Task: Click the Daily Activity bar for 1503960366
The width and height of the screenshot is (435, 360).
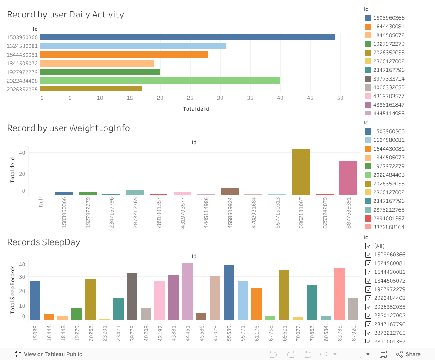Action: (187, 37)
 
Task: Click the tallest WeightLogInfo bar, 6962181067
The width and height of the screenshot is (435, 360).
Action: (301, 172)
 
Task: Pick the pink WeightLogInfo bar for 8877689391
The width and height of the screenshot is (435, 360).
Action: (348, 178)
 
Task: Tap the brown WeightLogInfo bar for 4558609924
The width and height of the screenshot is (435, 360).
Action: (230, 192)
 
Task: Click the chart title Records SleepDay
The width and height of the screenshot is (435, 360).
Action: (43, 242)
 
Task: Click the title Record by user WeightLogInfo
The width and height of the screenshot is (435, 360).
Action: (68, 128)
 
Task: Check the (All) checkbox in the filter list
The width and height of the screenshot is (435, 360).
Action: (368, 246)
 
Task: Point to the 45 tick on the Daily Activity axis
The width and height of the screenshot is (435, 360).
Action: (310, 98)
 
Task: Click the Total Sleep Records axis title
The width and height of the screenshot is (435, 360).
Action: (13, 289)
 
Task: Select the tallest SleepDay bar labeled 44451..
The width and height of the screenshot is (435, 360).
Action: (187, 292)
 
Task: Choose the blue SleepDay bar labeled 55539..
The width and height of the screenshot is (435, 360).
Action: (229, 293)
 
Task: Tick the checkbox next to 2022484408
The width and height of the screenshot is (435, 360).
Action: (368, 298)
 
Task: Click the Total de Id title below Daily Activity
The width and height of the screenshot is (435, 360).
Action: (196, 109)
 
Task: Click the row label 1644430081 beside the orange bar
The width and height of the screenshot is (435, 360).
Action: (22, 55)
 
